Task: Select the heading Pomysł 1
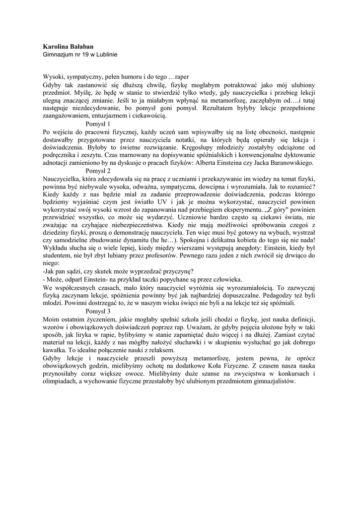coord(98,123)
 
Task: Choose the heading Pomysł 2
coord(98,171)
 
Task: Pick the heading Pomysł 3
coord(98,311)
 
